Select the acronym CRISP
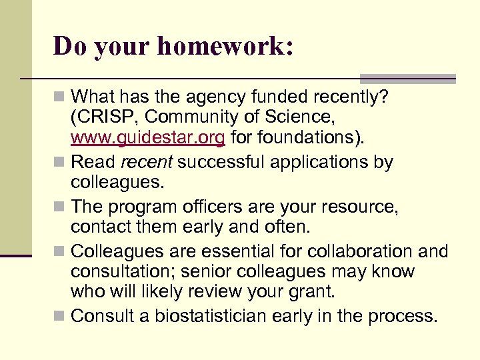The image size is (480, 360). [x=107, y=118]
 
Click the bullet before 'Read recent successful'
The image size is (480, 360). [x=61, y=162]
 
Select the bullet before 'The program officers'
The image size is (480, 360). [x=61, y=207]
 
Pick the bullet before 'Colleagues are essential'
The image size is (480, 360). [x=61, y=251]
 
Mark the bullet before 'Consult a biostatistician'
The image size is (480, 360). [x=61, y=316]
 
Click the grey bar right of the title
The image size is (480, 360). [x=407, y=78]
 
